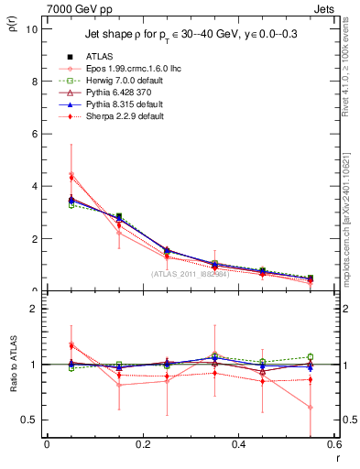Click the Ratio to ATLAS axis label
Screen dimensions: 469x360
12,364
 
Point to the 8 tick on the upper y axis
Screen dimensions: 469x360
34,81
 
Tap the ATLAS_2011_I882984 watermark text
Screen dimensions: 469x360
190,274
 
